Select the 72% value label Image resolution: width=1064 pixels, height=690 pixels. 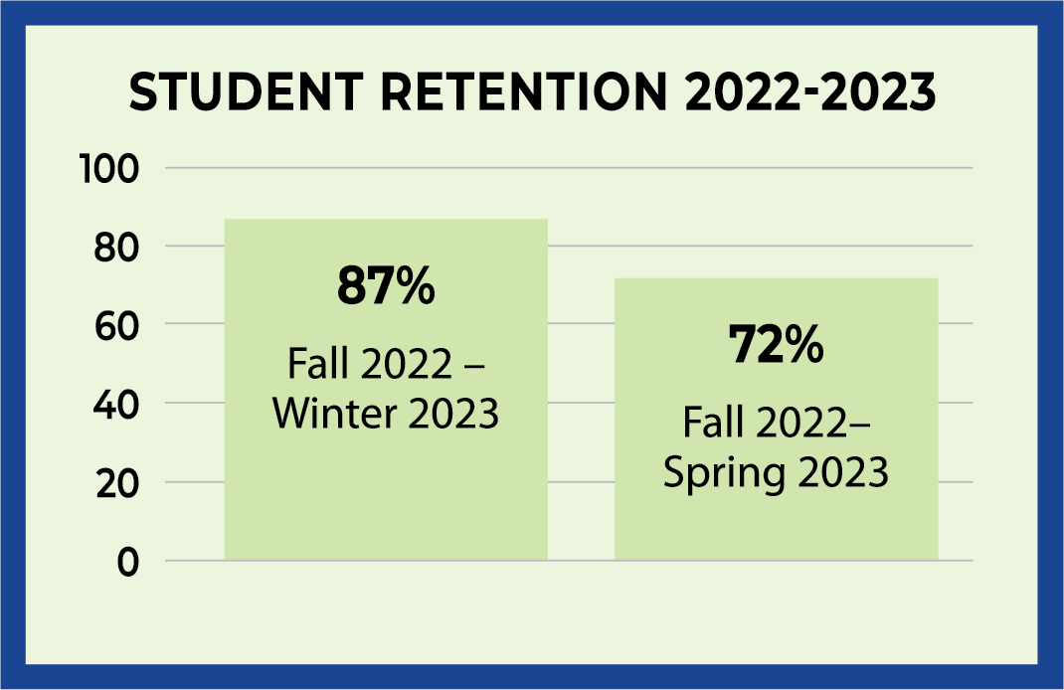click(776, 346)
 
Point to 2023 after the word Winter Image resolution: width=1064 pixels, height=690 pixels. click(446, 413)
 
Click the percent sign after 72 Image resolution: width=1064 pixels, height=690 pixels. click(801, 346)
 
